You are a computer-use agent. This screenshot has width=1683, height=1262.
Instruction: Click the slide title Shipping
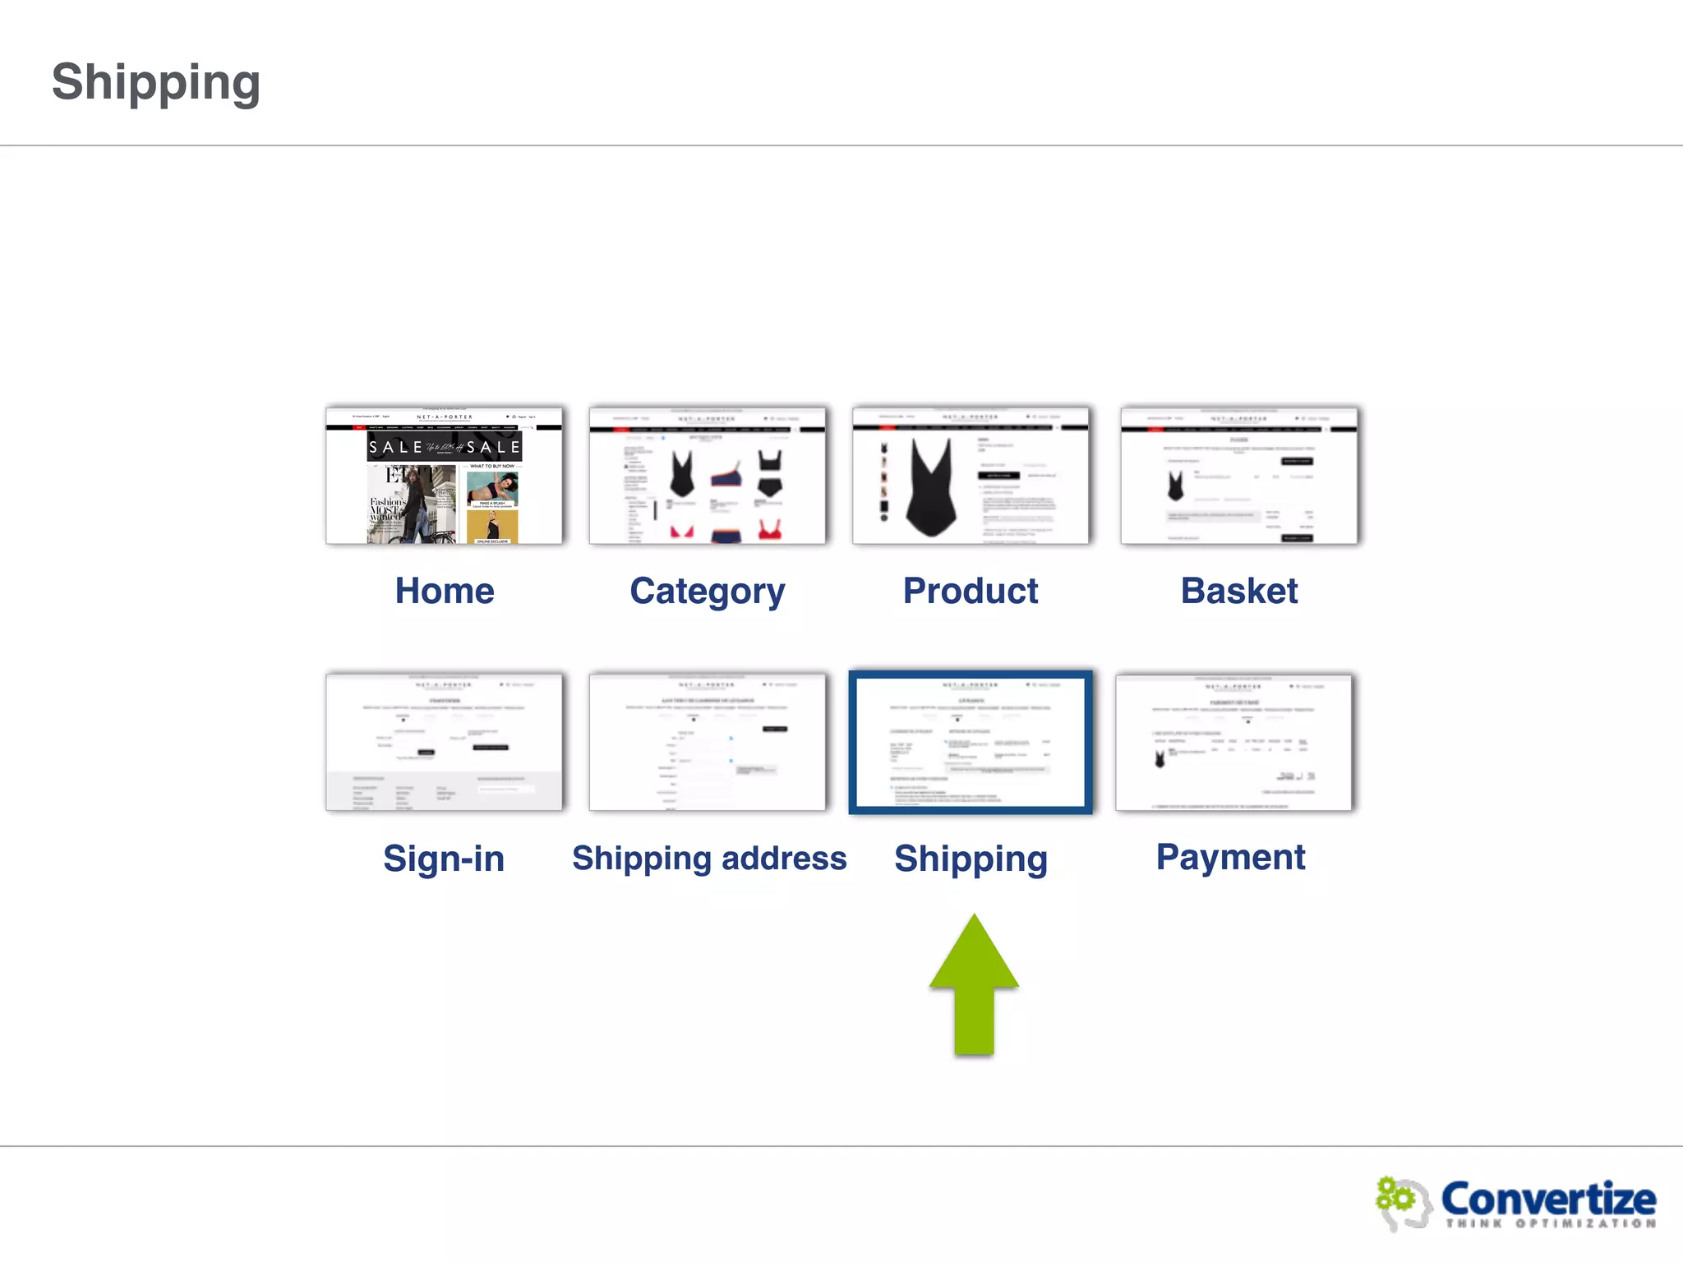(156, 82)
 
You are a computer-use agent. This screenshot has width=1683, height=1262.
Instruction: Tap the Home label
(445, 591)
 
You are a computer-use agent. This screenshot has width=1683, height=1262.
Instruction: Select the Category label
(707, 592)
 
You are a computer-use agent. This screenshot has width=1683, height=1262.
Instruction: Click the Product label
(970, 591)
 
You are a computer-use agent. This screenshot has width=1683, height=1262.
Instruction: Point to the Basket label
(1238, 591)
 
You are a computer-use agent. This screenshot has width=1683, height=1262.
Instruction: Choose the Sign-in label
(444, 859)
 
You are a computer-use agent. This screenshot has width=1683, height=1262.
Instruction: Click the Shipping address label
(709, 858)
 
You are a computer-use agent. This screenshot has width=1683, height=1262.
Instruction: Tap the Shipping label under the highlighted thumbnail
(971, 859)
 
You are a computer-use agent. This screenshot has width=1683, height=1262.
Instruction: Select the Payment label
(1230, 857)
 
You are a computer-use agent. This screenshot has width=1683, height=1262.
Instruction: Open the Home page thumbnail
(445, 476)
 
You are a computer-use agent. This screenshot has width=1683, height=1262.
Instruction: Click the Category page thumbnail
(708, 476)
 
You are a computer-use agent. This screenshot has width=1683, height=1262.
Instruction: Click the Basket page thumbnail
(1238, 476)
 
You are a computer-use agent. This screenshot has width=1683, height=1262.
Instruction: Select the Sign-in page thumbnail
(445, 742)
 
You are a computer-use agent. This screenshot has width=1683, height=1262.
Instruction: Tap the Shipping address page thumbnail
(708, 742)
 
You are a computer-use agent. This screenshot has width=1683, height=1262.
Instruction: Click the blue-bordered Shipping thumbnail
(971, 742)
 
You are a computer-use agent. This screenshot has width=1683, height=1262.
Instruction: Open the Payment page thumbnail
(1233, 742)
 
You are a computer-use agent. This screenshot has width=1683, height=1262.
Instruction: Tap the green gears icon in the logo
(1395, 1196)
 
